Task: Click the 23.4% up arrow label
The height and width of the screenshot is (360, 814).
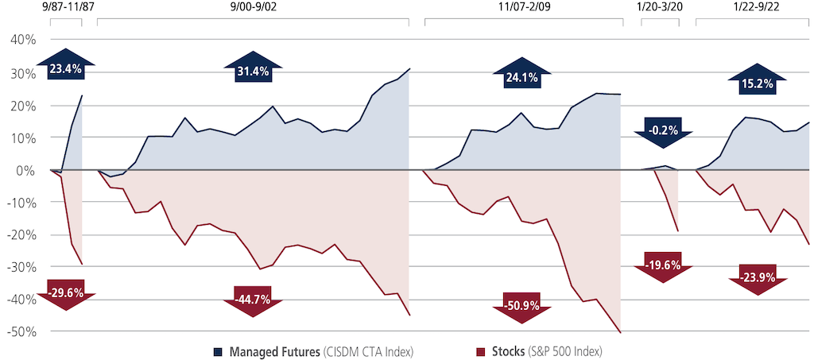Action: click(65, 69)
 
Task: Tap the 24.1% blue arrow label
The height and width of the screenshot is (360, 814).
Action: click(521, 78)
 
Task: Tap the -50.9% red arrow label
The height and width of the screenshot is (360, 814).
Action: click(521, 304)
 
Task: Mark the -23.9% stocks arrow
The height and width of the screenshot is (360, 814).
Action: click(758, 278)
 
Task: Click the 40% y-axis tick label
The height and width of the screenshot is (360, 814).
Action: click(21, 41)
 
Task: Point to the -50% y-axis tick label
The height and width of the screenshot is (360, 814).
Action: click(19, 331)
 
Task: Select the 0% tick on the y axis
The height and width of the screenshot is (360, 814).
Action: click(25, 170)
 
